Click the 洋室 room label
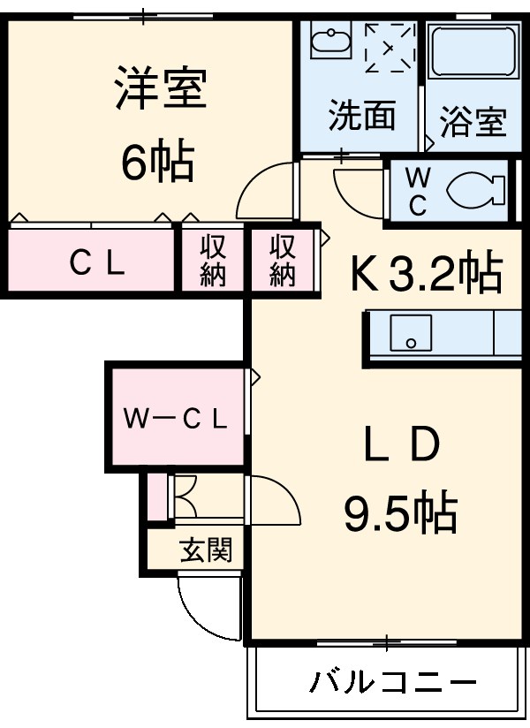tap(160, 91)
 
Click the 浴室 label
tap(473, 121)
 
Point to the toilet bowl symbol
tap(474, 189)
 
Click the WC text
tap(416, 191)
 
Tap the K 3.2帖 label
tap(428, 274)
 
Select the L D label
tap(402, 445)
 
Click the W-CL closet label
tap(175, 418)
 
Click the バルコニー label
tap(393, 682)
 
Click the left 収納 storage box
tap(212, 261)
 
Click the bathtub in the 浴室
tap(472, 51)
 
